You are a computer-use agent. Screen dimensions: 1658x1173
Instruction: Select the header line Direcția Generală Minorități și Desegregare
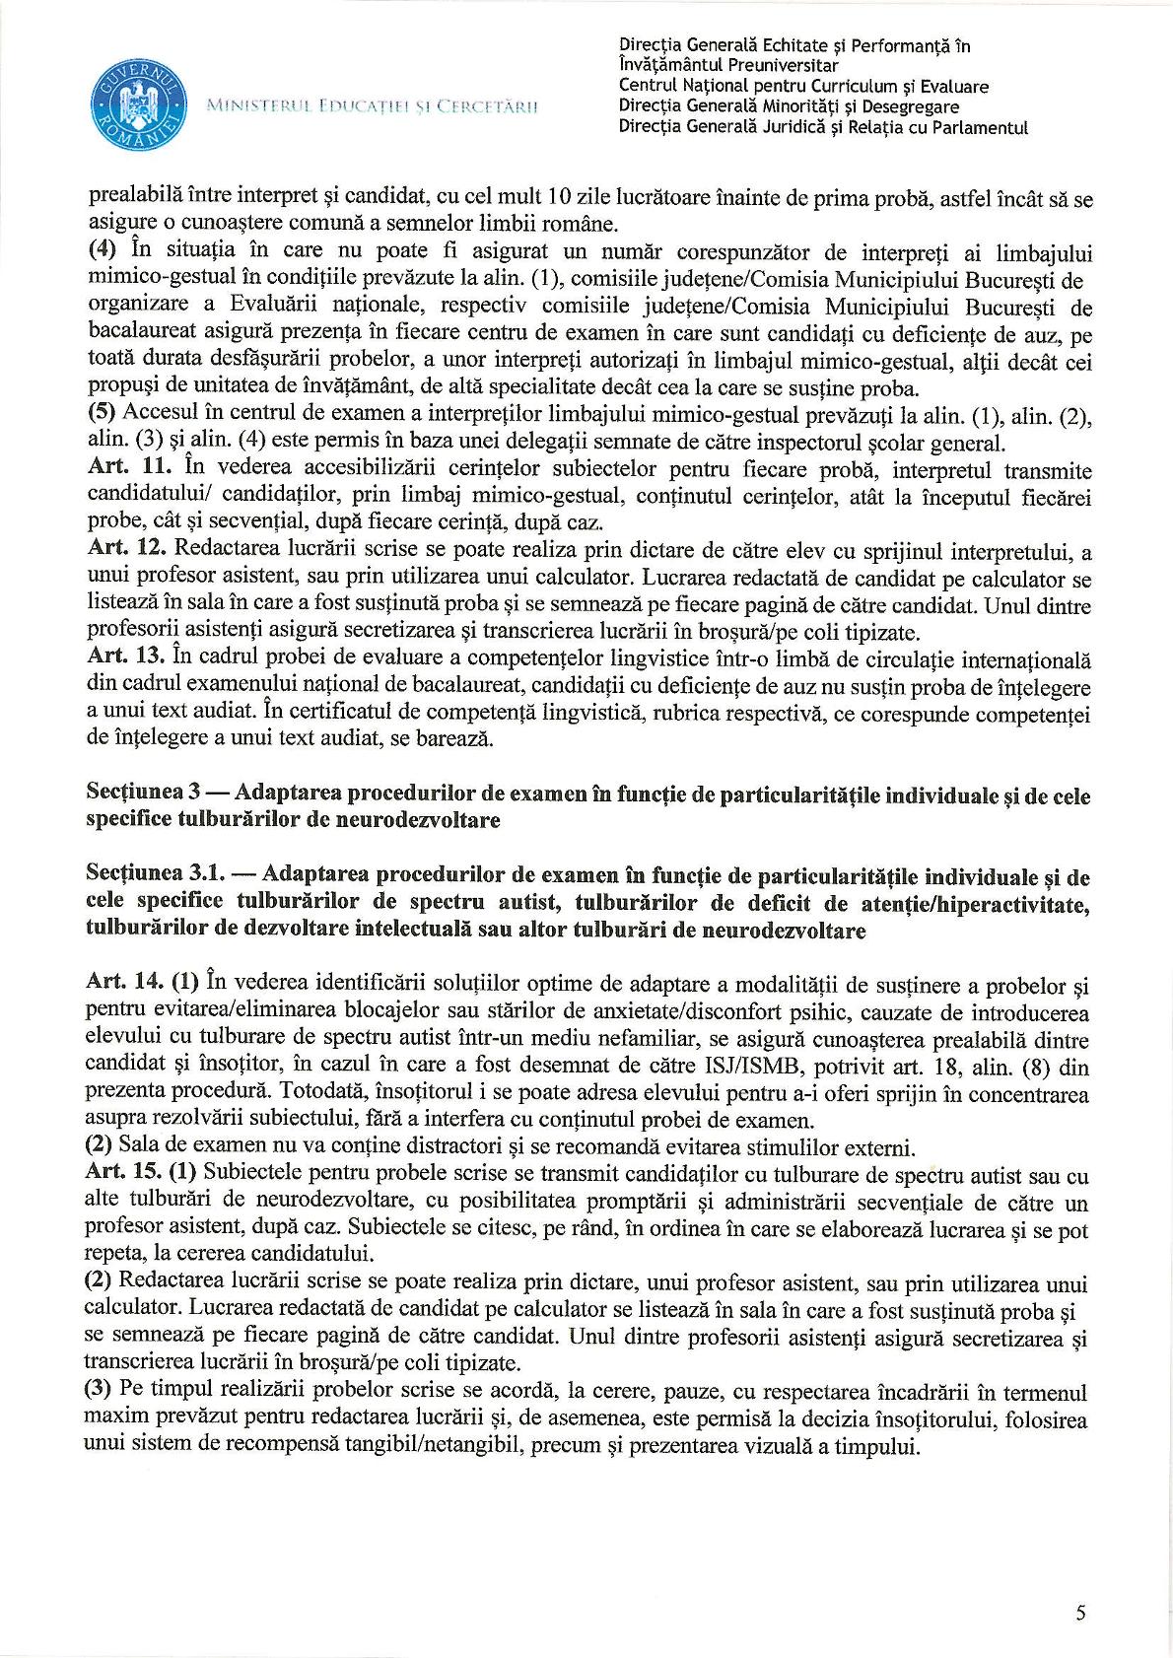(x=788, y=106)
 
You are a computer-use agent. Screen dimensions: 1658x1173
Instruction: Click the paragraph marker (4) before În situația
(x=101, y=247)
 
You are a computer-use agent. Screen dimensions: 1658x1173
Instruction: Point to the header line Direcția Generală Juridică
(x=822, y=127)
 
